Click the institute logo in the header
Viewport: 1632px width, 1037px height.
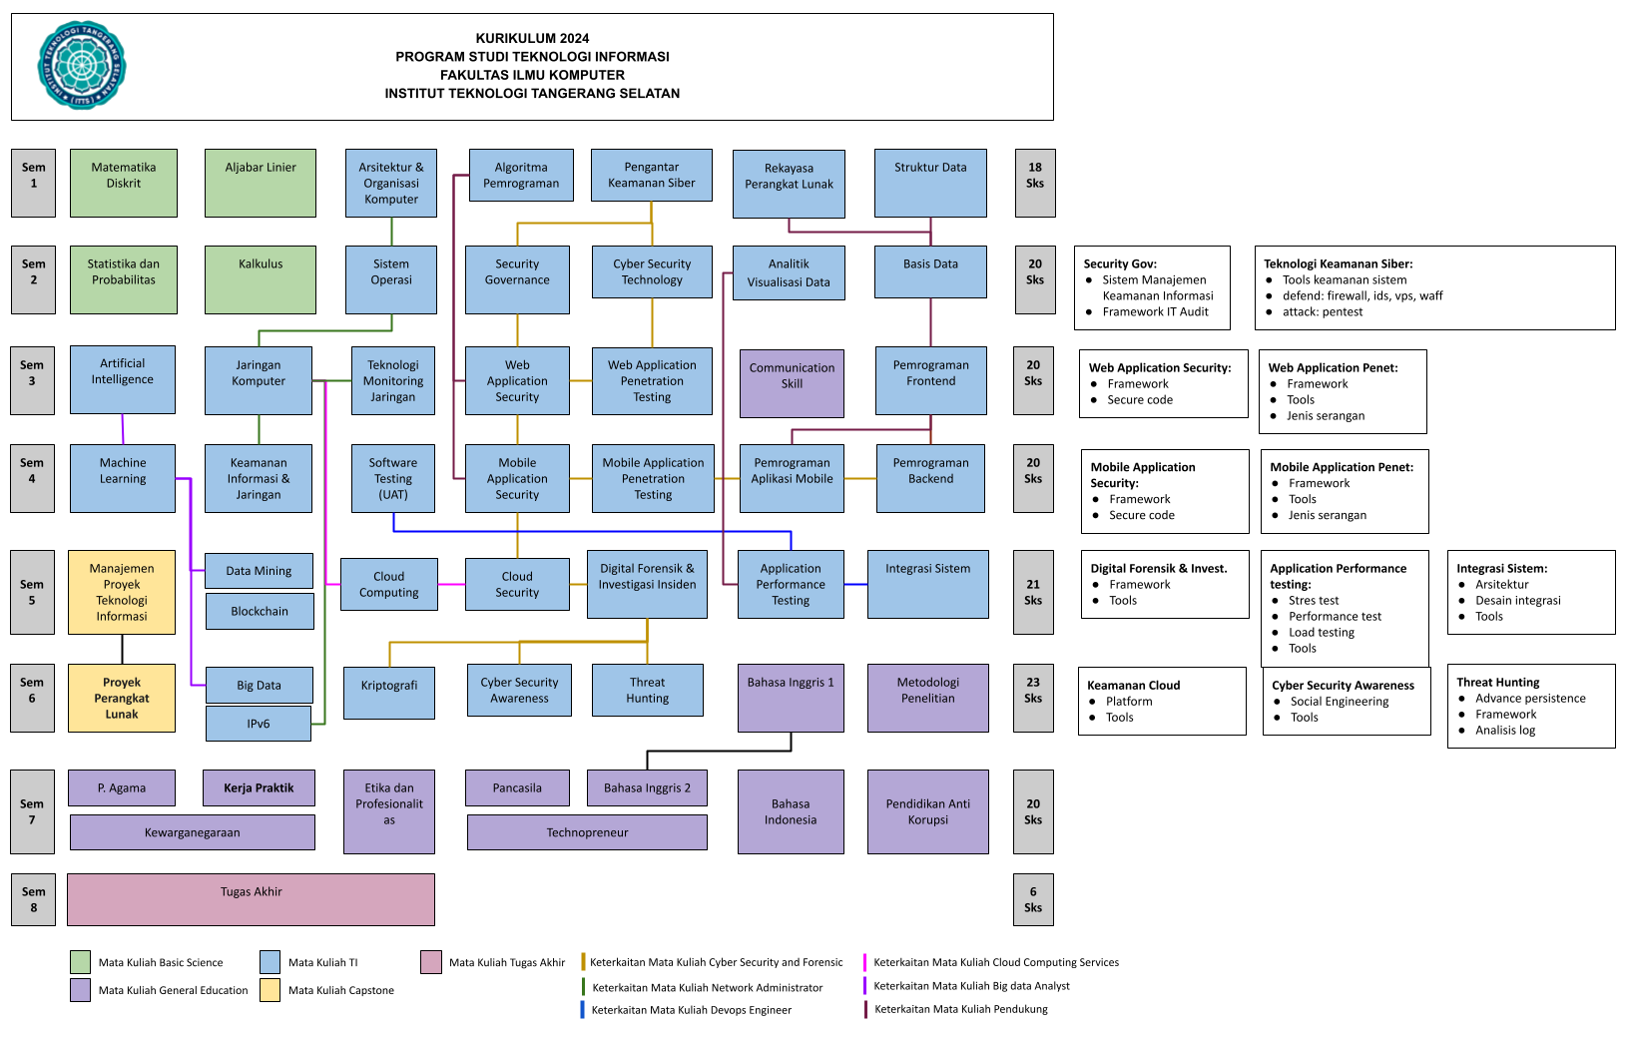82,66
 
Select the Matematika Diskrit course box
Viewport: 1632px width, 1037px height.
124,183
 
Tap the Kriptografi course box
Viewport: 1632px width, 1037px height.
389,693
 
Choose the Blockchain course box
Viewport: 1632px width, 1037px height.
260,611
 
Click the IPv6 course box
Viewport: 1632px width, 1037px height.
259,724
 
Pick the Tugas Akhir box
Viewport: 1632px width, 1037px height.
252,899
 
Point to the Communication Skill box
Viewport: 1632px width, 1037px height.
792,383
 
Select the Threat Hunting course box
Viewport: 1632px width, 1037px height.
648,691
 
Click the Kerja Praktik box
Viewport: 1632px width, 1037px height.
259,787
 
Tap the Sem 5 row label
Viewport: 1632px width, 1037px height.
32,592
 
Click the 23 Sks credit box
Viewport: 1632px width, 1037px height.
1033,691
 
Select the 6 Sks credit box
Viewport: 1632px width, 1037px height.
1033,899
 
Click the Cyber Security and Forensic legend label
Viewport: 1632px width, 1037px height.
776,962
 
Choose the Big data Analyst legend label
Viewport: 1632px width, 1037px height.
1031,986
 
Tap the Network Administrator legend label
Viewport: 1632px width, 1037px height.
767,988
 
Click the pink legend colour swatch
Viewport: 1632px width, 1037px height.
431,962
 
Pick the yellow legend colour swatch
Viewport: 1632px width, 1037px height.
270,990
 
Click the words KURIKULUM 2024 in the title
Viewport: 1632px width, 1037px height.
532,39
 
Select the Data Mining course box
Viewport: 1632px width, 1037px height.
259,571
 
